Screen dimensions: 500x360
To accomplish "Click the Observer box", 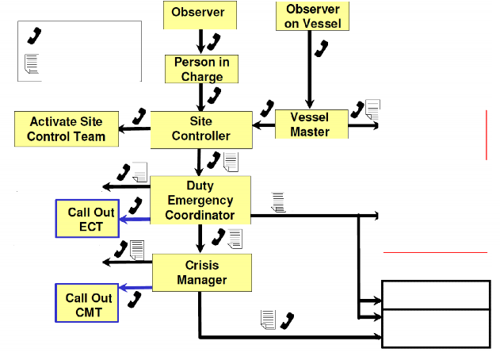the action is [200, 15].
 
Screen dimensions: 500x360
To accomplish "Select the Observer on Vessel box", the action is [312, 17].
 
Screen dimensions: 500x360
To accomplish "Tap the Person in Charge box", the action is [201, 69].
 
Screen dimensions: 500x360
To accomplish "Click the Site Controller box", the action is [201, 130].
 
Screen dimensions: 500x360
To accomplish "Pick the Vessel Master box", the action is [311, 124].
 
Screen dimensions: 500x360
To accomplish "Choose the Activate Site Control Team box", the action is [67, 129].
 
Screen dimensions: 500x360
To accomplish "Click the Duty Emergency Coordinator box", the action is [200, 200].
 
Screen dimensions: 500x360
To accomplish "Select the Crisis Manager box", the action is [202, 273].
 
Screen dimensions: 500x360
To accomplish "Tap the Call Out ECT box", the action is [87, 219].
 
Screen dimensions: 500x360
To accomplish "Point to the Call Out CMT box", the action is [86, 303].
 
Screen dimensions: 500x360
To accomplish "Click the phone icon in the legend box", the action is [34, 36].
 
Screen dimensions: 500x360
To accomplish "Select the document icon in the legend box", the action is [32, 63].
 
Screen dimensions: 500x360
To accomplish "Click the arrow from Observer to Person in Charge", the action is [200, 42].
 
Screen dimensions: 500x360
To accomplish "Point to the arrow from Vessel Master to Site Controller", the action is [264, 125].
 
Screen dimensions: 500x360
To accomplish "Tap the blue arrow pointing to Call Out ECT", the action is [135, 220].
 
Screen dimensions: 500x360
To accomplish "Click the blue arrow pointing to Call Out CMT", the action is [135, 287].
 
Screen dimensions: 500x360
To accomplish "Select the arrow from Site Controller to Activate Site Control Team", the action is [134, 129].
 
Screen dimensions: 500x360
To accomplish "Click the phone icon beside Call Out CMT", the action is [134, 300].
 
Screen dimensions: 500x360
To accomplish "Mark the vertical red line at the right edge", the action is [487, 135].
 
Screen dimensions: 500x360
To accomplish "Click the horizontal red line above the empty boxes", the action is [435, 252].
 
